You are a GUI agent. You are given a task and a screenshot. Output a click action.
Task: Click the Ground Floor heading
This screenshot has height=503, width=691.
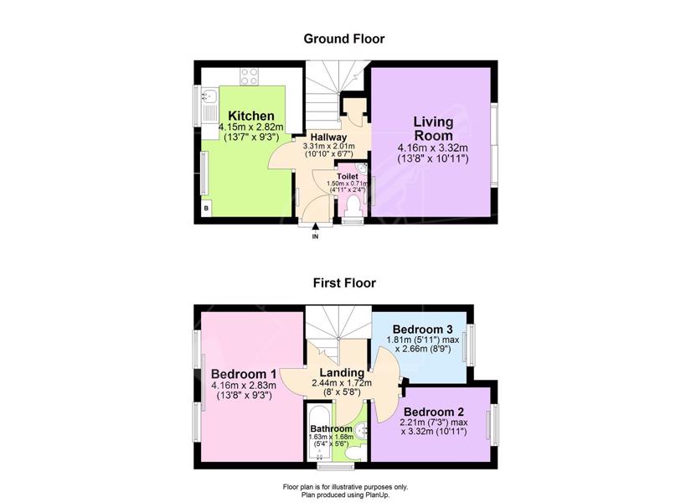344,39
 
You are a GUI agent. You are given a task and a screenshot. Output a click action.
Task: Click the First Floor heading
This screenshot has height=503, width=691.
344,283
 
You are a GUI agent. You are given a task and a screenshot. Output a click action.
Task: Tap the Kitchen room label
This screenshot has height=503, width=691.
251,116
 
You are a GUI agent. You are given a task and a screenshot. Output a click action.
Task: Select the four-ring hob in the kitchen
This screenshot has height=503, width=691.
249,76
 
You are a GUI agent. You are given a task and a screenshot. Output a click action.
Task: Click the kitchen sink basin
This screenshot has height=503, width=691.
209,95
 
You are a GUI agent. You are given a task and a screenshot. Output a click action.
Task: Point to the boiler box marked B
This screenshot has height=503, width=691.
206,208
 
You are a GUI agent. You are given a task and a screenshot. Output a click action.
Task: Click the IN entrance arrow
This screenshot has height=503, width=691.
315,227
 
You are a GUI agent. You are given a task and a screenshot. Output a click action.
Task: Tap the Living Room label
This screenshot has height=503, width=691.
433,128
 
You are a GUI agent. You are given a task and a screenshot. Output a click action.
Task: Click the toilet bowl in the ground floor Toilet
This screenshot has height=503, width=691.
353,206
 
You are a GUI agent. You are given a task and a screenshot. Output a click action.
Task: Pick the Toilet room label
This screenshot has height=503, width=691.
348,177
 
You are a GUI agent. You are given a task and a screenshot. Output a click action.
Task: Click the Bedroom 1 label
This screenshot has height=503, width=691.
243,374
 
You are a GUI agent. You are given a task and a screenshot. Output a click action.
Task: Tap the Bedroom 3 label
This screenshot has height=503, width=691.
423,329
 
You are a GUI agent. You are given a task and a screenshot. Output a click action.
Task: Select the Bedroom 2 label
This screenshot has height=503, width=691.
434,412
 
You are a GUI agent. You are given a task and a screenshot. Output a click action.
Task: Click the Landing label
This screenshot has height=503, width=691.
342,373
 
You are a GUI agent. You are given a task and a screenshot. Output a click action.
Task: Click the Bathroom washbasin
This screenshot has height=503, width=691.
361,429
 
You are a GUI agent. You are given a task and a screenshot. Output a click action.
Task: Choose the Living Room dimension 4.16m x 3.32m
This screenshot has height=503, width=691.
433,148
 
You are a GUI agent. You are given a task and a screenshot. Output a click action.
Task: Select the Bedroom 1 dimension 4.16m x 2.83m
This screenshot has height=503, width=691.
243,385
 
